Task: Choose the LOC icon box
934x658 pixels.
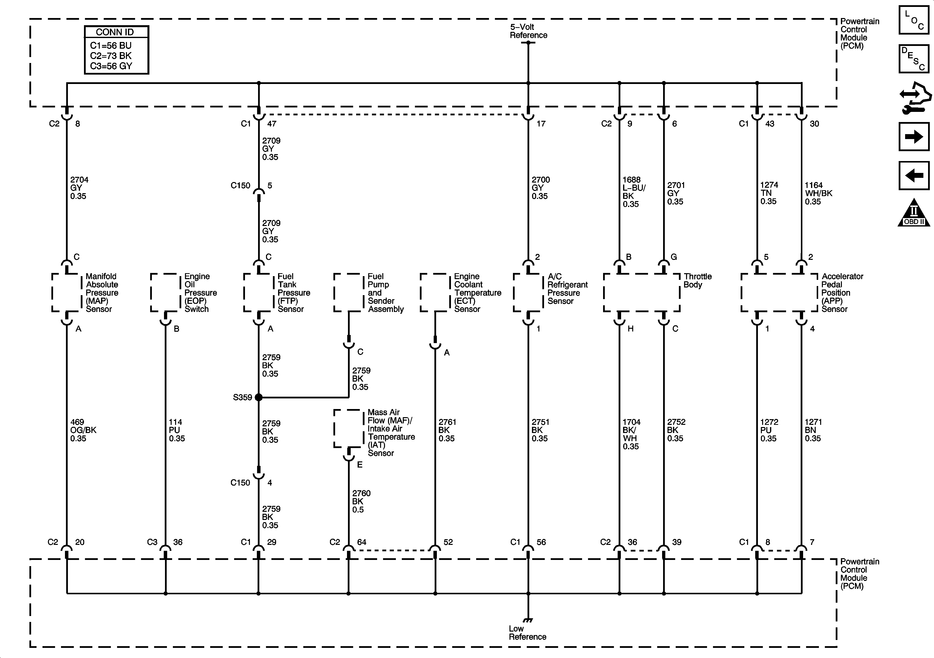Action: click(x=914, y=20)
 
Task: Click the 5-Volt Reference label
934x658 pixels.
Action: click(x=528, y=31)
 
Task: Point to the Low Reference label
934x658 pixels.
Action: click(x=527, y=633)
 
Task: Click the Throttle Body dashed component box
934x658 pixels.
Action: click(x=642, y=293)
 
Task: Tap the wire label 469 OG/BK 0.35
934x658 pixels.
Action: click(x=83, y=430)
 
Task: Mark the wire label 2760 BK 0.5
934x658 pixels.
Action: click(x=361, y=501)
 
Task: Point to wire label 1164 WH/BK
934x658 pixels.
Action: click(x=818, y=193)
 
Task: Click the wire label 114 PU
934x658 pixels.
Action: click(x=177, y=430)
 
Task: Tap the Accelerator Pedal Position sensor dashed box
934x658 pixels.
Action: click(x=779, y=293)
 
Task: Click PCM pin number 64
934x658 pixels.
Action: click(x=362, y=542)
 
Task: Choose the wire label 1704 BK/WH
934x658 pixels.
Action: click(x=631, y=434)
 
